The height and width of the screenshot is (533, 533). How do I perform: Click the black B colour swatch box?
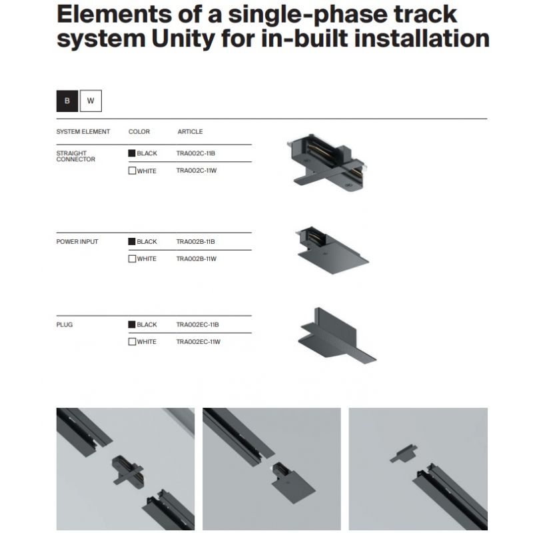click(x=67, y=101)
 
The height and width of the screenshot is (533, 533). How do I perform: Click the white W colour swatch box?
click(x=91, y=101)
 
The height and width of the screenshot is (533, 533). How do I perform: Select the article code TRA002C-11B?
click(x=195, y=153)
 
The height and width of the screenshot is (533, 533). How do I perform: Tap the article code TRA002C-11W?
click(x=196, y=171)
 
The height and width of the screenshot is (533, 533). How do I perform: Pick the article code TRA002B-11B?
click(x=195, y=242)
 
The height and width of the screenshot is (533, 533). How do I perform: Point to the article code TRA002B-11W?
click(x=196, y=259)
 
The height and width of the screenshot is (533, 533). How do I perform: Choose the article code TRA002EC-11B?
click(x=197, y=324)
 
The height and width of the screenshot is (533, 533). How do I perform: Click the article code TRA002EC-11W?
click(x=198, y=342)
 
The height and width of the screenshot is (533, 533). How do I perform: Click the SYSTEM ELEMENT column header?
click(x=83, y=131)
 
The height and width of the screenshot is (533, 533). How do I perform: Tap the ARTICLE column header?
click(x=190, y=131)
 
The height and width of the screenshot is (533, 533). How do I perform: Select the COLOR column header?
click(x=139, y=131)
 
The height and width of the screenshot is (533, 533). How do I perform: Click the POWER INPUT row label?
click(x=77, y=242)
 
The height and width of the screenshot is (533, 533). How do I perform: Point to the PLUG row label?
click(x=65, y=324)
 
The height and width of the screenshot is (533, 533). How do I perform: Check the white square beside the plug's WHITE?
click(x=132, y=342)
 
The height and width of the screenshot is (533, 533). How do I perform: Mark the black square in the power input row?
click(x=132, y=242)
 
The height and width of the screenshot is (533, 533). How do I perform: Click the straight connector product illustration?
click(x=326, y=163)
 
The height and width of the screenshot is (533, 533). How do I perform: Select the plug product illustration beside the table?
click(x=337, y=336)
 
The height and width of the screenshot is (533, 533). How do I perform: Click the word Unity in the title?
click(x=183, y=39)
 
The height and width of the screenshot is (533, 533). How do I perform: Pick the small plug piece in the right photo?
click(x=404, y=453)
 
